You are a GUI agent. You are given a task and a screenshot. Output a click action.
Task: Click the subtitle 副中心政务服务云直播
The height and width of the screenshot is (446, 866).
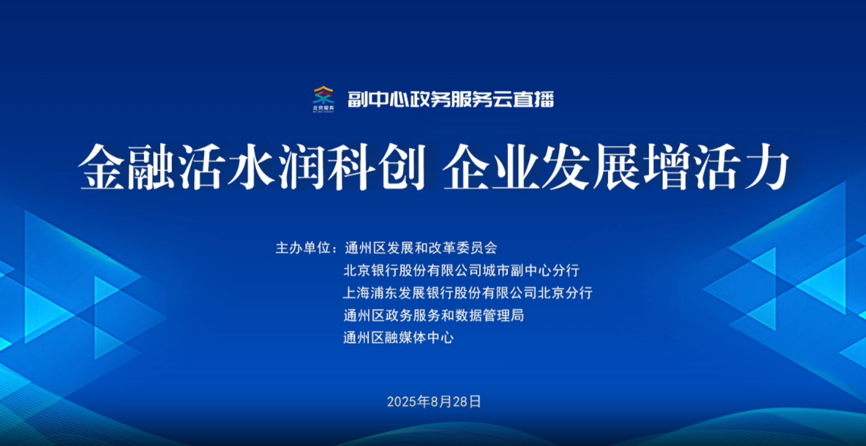(451, 100)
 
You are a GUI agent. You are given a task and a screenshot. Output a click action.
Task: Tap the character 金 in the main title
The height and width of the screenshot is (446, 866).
(102, 167)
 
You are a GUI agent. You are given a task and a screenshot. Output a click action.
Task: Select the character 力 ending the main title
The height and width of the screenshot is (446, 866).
(766, 167)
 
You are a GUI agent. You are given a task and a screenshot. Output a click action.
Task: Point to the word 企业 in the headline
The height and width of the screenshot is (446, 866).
(491, 167)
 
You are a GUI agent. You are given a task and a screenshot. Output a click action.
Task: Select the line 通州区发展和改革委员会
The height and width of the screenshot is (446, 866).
(421, 248)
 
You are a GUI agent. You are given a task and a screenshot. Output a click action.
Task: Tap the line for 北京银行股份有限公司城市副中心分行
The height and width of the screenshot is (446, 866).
(461, 270)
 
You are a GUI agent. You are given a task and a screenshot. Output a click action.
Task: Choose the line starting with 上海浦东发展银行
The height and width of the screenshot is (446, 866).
(468, 293)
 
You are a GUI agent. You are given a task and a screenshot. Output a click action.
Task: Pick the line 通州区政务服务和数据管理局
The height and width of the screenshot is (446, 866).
(434, 315)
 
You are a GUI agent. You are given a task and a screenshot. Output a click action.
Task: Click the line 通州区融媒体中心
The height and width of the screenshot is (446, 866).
(398, 338)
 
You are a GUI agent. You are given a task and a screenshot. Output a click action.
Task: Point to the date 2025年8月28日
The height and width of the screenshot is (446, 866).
(434, 402)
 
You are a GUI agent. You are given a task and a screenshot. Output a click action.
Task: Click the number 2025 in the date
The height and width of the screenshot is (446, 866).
(402, 402)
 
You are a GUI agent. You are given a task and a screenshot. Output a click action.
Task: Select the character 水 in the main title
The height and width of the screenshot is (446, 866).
(251, 167)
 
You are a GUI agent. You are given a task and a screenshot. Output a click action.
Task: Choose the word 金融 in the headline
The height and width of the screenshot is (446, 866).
(127, 167)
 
